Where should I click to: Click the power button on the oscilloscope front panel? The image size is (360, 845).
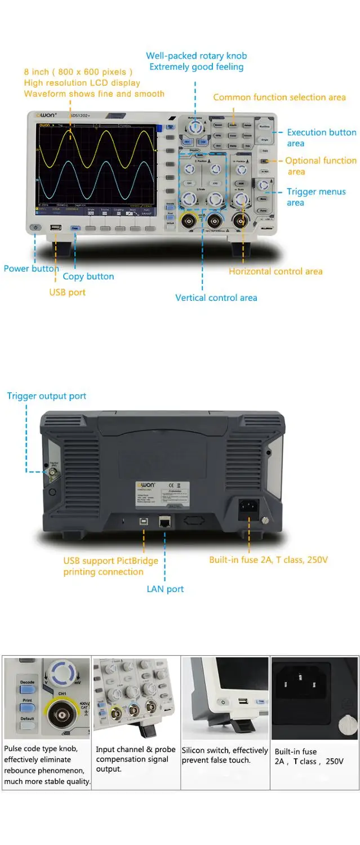point(35,228)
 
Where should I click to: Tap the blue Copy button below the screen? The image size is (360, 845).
point(75,228)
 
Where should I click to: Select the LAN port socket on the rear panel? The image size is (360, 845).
point(165,521)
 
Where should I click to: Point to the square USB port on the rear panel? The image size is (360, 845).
point(143,522)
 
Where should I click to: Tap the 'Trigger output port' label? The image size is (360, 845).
point(47,396)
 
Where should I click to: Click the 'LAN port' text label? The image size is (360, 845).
point(165,589)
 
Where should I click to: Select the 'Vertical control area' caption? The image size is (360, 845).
point(216,297)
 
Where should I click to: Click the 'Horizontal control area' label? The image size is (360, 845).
point(275,272)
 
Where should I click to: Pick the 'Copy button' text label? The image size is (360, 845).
point(88,277)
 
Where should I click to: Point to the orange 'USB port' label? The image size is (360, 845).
point(68,292)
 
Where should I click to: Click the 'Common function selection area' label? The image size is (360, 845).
point(279,97)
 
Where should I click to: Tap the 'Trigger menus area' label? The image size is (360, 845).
point(316,197)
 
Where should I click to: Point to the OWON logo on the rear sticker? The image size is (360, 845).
point(146,485)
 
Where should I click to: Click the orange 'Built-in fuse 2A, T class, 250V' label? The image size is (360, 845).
point(268,560)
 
